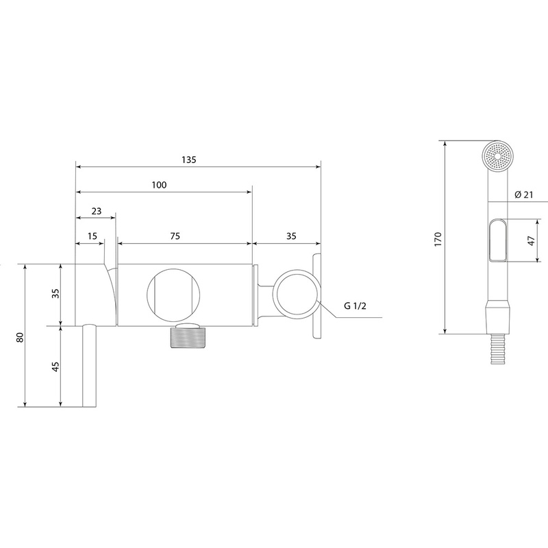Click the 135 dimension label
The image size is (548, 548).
189,160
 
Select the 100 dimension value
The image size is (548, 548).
159,185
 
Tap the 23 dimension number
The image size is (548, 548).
97,211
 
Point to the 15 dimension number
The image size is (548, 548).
92,236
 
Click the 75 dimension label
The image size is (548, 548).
175,236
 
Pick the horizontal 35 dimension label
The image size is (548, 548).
291,236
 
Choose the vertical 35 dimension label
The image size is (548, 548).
55,293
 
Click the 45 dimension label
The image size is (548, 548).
55,366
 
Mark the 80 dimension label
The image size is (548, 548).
20,337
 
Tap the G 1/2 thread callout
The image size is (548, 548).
355,306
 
